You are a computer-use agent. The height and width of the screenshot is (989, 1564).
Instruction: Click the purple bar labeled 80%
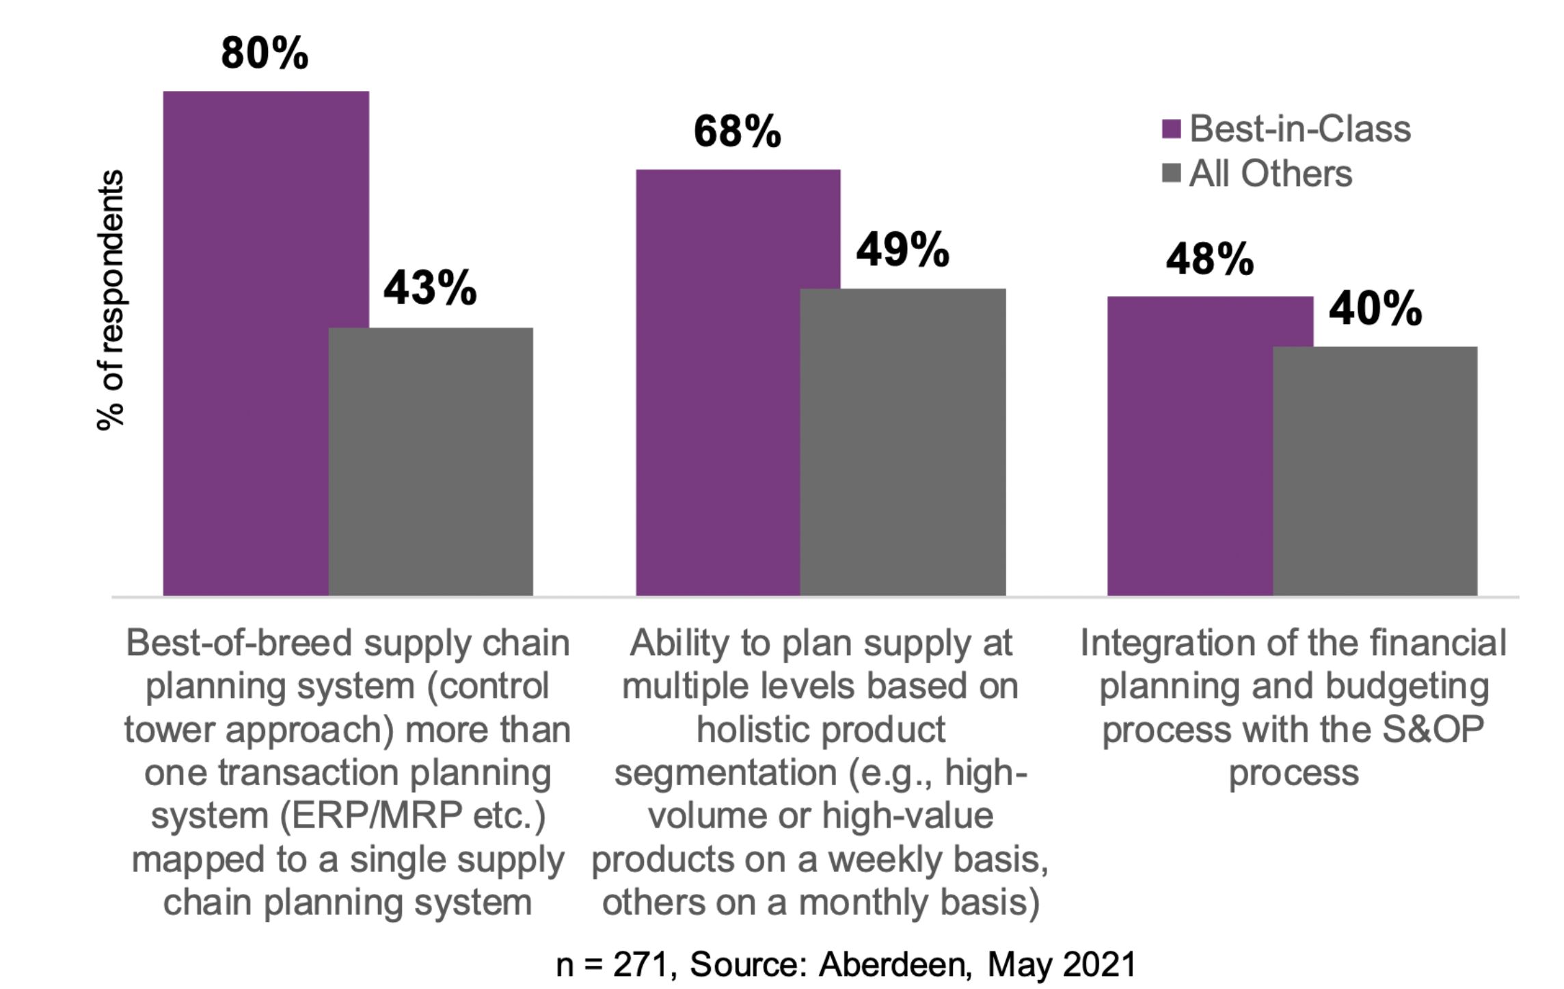pyautogui.click(x=246, y=342)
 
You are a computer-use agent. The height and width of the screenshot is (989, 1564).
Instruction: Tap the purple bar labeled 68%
pyautogui.click(x=718, y=383)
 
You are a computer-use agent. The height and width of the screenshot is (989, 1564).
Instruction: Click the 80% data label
pyautogui.click(x=265, y=53)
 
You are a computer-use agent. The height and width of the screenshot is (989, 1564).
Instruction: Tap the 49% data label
pyautogui.click(x=902, y=250)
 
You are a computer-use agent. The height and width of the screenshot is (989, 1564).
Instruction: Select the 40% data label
pyautogui.click(x=1375, y=309)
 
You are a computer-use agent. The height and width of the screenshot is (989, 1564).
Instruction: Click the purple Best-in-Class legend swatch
pyautogui.click(x=1171, y=129)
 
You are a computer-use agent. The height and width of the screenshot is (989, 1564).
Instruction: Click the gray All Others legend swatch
pyautogui.click(x=1171, y=173)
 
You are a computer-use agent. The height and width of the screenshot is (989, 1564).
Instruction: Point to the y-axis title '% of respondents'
pyautogui.click(x=110, y=300)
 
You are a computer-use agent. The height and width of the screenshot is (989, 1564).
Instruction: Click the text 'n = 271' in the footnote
pyautogui.click(x=610, y=965)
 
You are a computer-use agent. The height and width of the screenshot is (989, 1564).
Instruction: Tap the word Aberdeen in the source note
pyautogui.click(x=894, y=965)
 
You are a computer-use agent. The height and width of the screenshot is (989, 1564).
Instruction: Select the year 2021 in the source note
pyautogui.click(x=1099, y=965)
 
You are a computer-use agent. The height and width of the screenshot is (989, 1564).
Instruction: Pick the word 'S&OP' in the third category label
pyautogui.click(x=1433, y=730)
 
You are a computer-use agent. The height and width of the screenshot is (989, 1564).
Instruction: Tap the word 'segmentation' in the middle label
pyautogui.click(x=725, y=774)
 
